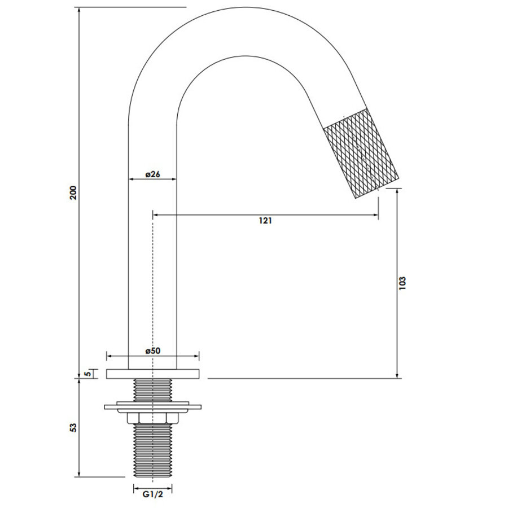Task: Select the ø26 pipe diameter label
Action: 152,174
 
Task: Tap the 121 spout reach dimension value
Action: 265,221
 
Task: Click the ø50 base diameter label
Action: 152,351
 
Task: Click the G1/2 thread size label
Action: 152,495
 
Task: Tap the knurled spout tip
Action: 360,153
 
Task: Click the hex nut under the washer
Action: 152,417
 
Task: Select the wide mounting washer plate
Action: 152,406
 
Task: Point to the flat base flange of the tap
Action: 152,374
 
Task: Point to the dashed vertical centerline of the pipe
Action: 153,282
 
